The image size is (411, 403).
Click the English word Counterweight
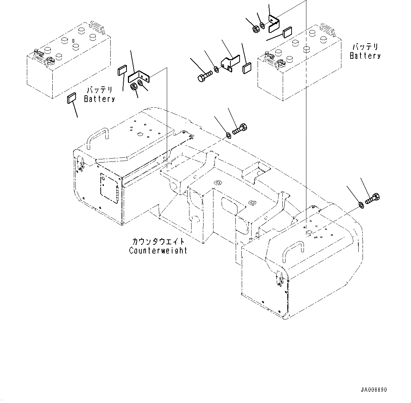158,250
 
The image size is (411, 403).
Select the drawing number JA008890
374,390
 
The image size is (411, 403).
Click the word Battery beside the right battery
365,56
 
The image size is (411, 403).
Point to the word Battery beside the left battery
99,99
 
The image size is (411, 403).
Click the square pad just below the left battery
72,98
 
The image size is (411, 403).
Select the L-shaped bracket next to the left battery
139,77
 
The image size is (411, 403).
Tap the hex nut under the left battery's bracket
134,87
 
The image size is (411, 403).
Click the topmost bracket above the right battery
274,23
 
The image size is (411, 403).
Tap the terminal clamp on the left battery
38,56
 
